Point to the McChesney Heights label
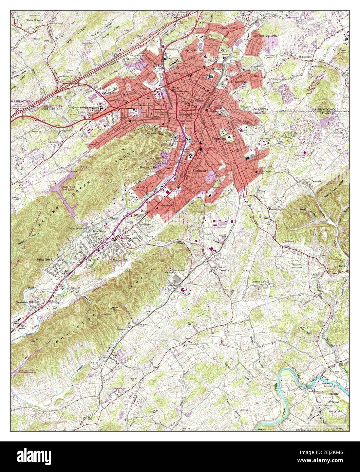(265, 36)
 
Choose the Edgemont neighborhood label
(199, 170)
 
